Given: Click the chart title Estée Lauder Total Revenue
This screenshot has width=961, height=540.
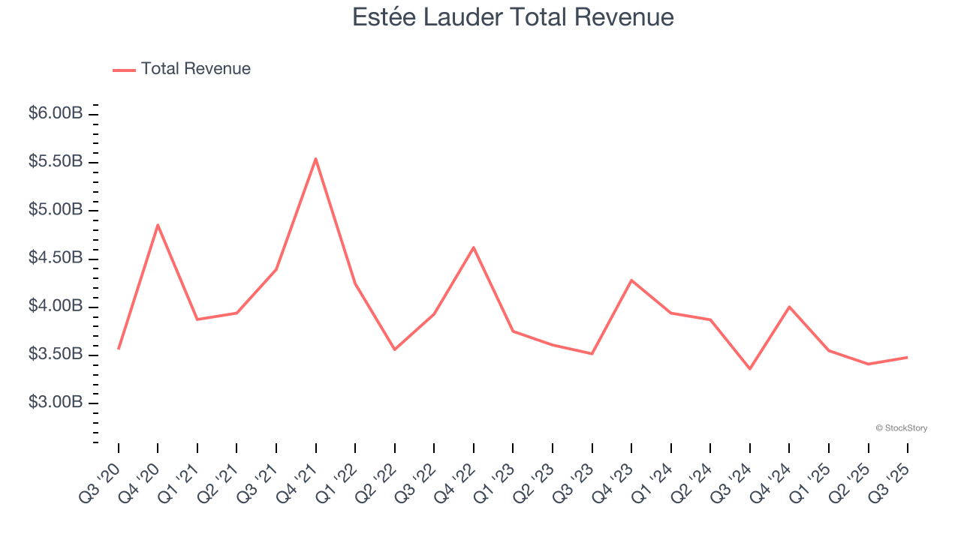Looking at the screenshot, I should point(513,17).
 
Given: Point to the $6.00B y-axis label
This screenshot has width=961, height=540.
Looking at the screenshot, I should point(56,114).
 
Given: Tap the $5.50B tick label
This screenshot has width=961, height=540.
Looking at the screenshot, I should point(56,162).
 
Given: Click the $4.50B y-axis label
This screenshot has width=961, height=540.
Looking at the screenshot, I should point(56,258).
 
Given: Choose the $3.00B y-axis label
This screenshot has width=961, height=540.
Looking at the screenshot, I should point(56,403).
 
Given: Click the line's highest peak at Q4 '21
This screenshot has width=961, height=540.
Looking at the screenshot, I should point(316,158).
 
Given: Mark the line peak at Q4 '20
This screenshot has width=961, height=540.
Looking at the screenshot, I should point(158,224).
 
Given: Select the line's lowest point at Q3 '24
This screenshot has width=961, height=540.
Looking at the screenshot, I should point(749,369).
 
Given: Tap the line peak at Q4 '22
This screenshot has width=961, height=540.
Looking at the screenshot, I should point(474,247).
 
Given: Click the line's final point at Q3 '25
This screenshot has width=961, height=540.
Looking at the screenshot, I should point(907,357).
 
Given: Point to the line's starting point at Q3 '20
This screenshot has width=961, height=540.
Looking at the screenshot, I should point(119,349).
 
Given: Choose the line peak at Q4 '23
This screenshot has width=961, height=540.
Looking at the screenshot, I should point(631,280).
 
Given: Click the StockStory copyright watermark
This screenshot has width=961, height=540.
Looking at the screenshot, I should point(901,428).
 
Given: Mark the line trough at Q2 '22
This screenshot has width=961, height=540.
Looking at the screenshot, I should point(395,349).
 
